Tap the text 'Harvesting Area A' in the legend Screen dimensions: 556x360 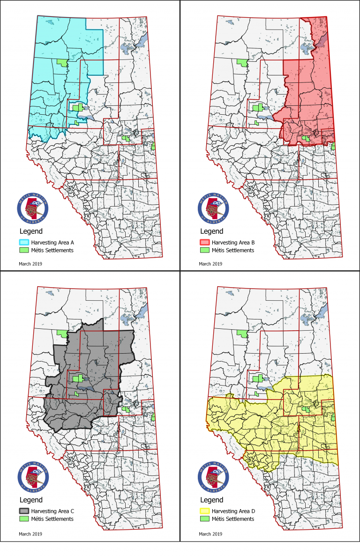tap(52, 243)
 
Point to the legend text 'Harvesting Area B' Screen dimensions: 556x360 tap(233, 243)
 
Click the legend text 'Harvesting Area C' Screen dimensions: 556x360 tap(52, 511)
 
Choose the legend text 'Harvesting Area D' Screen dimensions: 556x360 tap(233, 511)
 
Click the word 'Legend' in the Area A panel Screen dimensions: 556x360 tap(30, 231)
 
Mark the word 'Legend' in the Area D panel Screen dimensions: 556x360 tap(211, 500)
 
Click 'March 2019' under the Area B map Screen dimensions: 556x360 tap(210, 264)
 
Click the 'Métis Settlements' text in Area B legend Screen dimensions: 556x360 tap(232, 250)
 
